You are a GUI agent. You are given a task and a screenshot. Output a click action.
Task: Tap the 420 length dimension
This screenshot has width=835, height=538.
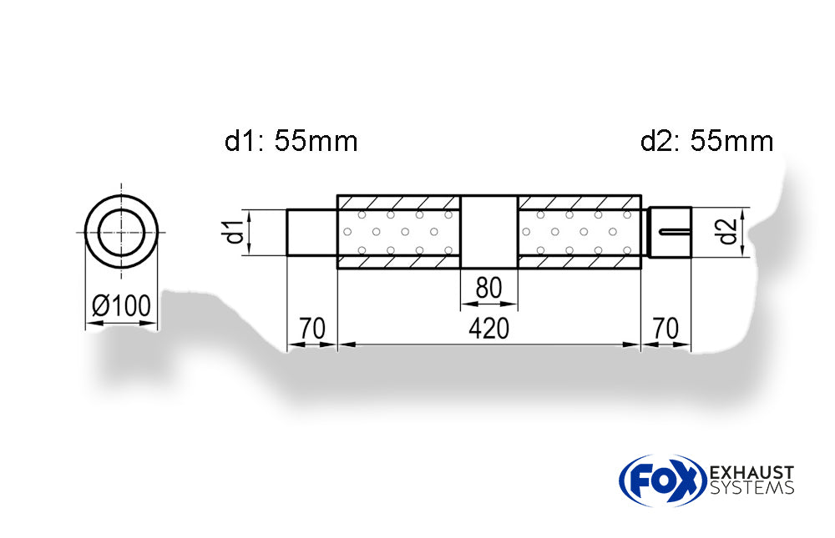pyautogui.click(x=488, y=329)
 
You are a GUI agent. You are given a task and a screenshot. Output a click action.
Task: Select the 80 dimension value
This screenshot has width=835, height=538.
pyautogui.click(x=488, y=289)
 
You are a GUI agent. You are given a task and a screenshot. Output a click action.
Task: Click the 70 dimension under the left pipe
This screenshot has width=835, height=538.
pyautogui.click(x=312, y=329)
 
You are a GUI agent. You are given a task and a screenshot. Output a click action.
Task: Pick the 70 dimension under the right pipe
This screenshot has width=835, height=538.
pyautogui.click(x=666, y=329)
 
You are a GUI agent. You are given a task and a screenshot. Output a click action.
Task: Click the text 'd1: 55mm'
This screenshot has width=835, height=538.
pyautogui.click(x=291, y=142)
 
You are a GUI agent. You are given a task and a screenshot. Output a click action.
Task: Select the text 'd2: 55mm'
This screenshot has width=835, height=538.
pyautogui.click(x=706, y=142)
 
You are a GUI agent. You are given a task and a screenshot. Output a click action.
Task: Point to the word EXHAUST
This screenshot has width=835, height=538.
pyautogui.click(x=751, y=473)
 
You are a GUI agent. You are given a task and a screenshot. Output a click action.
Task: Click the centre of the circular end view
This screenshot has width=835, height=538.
pyautogui.click(x=121, y=231)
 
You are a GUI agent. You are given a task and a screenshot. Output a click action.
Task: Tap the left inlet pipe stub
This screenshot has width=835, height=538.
pyautogui.click(x=312, y=231)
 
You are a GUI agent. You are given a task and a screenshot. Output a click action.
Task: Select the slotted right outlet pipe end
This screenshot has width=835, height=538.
pyautogui.click(x=671, y=231)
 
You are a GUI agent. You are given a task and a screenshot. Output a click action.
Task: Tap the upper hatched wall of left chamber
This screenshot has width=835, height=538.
pyautogui.click(x=398, y=203)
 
